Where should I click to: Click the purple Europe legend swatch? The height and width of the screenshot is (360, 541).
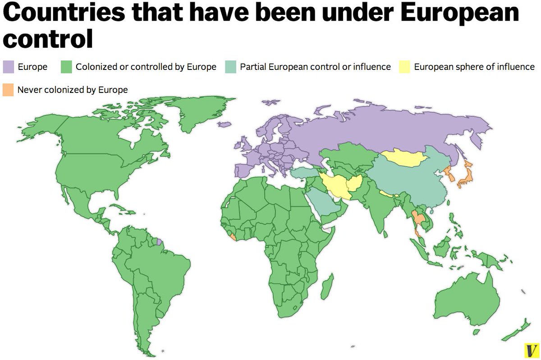tap(9, 67)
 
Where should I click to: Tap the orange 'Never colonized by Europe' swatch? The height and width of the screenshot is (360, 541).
tap(9, 89)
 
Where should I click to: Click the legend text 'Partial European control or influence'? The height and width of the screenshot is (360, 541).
tap(315, 67)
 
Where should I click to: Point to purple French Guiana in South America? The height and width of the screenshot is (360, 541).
tap(159, 242)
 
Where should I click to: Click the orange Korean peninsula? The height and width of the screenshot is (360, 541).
tap(448, 172)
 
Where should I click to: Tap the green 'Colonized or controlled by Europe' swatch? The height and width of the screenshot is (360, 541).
tap(66, 67)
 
